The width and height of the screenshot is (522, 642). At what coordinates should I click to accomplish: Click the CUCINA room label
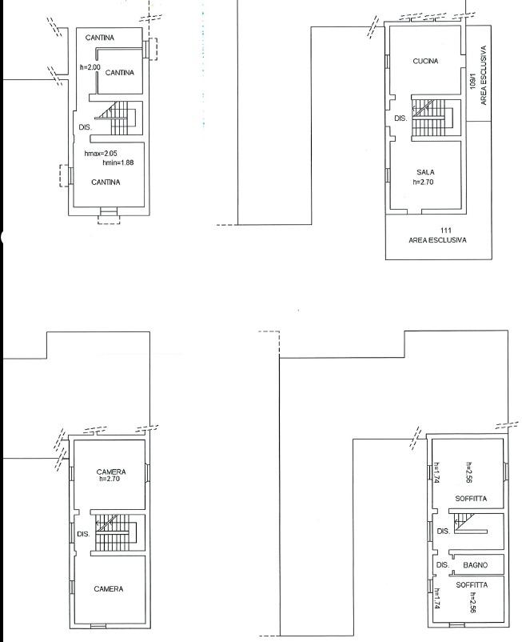coord(425,61)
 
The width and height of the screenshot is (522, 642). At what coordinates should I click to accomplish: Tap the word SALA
coord(425,172)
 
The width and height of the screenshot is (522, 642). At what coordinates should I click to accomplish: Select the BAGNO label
coord(475,565)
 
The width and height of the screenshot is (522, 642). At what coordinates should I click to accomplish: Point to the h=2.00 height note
coord(90,66)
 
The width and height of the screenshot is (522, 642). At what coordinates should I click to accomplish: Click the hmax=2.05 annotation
coord(101,154)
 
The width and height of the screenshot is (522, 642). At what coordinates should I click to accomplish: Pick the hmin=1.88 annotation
coord(118,163)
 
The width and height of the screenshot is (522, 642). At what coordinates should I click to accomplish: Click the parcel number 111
coord(446,231)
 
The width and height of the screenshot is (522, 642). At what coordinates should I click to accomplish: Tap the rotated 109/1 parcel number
coord(473,81)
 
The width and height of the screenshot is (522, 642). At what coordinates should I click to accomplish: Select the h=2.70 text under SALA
coord(423,182)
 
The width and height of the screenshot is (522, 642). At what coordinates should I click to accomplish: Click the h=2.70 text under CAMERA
coord(110,478)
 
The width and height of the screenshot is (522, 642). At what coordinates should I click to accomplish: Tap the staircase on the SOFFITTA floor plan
coord(471,524)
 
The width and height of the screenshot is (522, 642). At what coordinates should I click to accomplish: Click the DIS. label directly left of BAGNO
coord(443,564)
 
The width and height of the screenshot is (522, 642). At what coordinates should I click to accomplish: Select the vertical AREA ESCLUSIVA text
coord(484,75)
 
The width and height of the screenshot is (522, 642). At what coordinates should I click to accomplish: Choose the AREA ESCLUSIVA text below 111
coord(437,240)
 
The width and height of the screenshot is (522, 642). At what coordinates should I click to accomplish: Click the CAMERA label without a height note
coord(109,589)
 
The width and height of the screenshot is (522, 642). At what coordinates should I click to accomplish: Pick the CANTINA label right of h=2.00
coord(119,73)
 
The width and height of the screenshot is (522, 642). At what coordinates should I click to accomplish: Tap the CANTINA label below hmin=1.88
coord(106,183)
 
